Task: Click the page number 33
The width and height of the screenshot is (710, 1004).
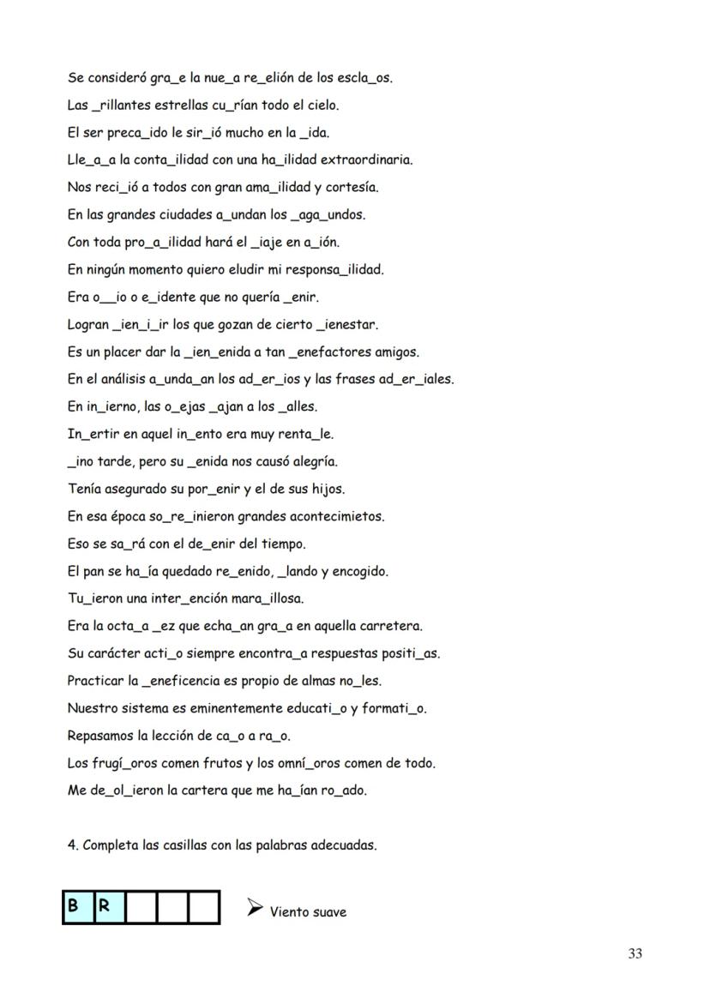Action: (x=635, y=953)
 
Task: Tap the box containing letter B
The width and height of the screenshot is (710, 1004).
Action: (x=77, y=907)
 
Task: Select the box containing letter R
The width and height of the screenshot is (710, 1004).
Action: (x=108, y=907)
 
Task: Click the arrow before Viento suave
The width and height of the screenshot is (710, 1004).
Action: (x=255, y=907)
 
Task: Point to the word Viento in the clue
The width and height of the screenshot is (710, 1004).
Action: (x=289, y=912)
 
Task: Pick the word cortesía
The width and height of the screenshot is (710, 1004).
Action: (x=352, y=188)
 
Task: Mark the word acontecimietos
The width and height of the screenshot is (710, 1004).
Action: (x=340, y=517)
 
